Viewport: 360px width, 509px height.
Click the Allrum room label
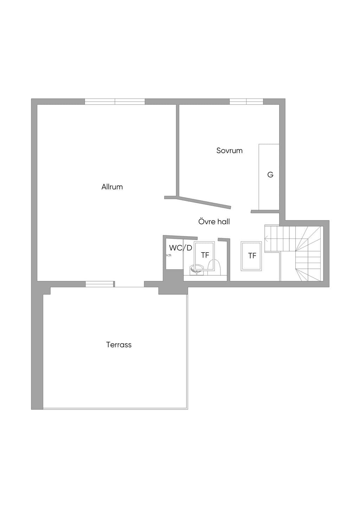pos(112,187)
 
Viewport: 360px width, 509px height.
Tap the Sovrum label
pos(229,150)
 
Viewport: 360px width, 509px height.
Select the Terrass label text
pos(119,345)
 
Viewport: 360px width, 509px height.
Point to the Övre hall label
pos(214,221)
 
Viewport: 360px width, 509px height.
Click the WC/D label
pos(181,248)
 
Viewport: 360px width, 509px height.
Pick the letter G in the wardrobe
pos(270,175)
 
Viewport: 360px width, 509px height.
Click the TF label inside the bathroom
pos(205,255)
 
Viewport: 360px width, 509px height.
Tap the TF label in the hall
pos(252,256)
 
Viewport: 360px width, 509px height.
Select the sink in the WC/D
pos(197,269)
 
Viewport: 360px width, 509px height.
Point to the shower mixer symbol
pos(168,255)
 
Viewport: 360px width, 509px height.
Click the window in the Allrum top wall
pos(115,102)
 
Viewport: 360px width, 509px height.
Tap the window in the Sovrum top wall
pos(246,102)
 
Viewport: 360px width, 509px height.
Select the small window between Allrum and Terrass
pos(99,284)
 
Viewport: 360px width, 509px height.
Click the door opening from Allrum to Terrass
pos(129,284)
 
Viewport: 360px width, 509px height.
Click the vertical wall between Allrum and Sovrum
pos(178,150)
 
